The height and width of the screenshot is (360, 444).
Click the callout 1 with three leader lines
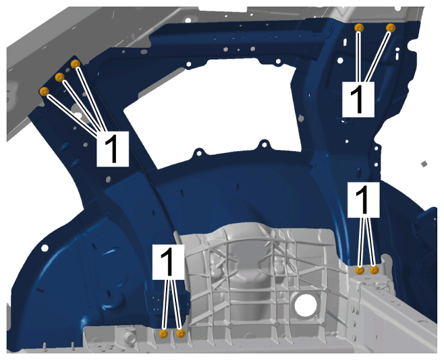[x=113, y=148]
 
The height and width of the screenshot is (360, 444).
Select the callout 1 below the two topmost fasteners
[x=358, y=99]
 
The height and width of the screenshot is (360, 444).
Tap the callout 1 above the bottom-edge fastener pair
[x=169, y=262]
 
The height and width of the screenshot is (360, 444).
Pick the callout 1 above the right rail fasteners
[x=364, y=200]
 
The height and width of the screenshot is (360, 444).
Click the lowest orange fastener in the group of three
[x=45, y=91]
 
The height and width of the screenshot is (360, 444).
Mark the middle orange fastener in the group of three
[x=59, y=77]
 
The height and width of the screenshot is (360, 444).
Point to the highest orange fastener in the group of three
[x=76, y=63]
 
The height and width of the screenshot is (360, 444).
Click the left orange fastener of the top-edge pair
[x=359, y=28]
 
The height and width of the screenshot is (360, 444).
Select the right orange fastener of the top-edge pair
[x=391, y=28]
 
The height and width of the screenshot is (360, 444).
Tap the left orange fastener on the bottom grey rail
[x=164, y=334]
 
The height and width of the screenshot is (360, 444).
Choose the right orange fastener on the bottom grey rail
[x=181, y=334]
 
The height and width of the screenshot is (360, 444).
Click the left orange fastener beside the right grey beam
[x=360, y=270]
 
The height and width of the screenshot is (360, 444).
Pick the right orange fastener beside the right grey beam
[x=374, y=270]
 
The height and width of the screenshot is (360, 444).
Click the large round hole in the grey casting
[x=306, y=305]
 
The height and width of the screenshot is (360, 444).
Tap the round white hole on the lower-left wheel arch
[x=45, y=248]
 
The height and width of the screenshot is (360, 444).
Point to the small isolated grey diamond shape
[x=424, y=164]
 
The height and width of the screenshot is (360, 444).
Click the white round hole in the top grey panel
[x=188, y=20]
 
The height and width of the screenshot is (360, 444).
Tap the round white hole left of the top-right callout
[x=340, y=60]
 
